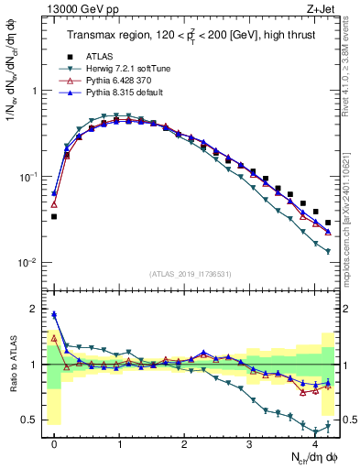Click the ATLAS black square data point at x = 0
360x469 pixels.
pos(54,217)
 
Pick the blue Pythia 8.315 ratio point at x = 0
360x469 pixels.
pos(54,314)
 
